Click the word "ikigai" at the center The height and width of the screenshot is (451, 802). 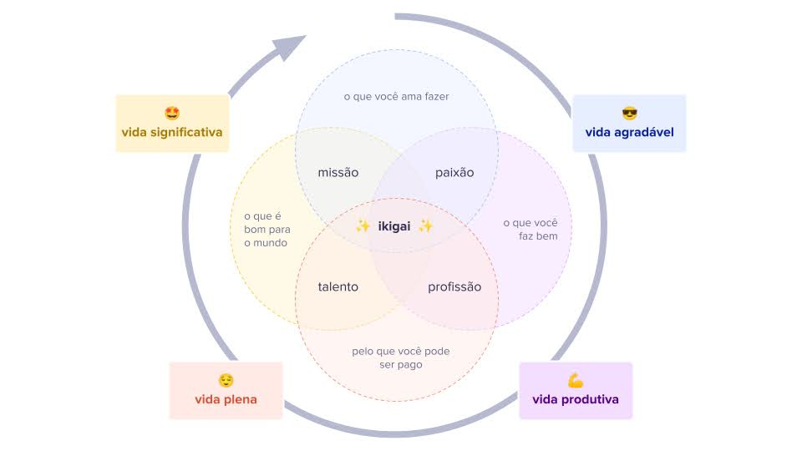point(394,225)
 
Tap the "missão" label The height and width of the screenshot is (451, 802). point(338,173)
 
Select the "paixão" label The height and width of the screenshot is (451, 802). point(454,173)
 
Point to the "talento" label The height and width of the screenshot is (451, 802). point(338,286)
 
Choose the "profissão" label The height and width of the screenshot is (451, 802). point(454,286)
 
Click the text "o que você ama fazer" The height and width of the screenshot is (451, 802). point(397,97)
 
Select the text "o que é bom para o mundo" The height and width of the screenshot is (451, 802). point(266,230)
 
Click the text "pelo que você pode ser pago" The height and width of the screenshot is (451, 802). point(401,357)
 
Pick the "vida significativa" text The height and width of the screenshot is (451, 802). point(172,132)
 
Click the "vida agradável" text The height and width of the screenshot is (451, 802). point(629,132)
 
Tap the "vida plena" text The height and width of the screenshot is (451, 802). point(226,399)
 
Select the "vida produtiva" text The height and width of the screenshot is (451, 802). point(576,399)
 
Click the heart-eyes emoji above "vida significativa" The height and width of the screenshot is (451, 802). point(172,113)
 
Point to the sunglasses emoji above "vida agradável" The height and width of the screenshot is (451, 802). point(629,113)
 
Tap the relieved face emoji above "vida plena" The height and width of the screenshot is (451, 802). point(226,380)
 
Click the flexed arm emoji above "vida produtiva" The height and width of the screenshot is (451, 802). point(576,380)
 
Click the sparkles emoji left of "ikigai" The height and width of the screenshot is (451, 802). point(363,225)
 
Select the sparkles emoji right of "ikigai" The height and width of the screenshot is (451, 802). point(425,225)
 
